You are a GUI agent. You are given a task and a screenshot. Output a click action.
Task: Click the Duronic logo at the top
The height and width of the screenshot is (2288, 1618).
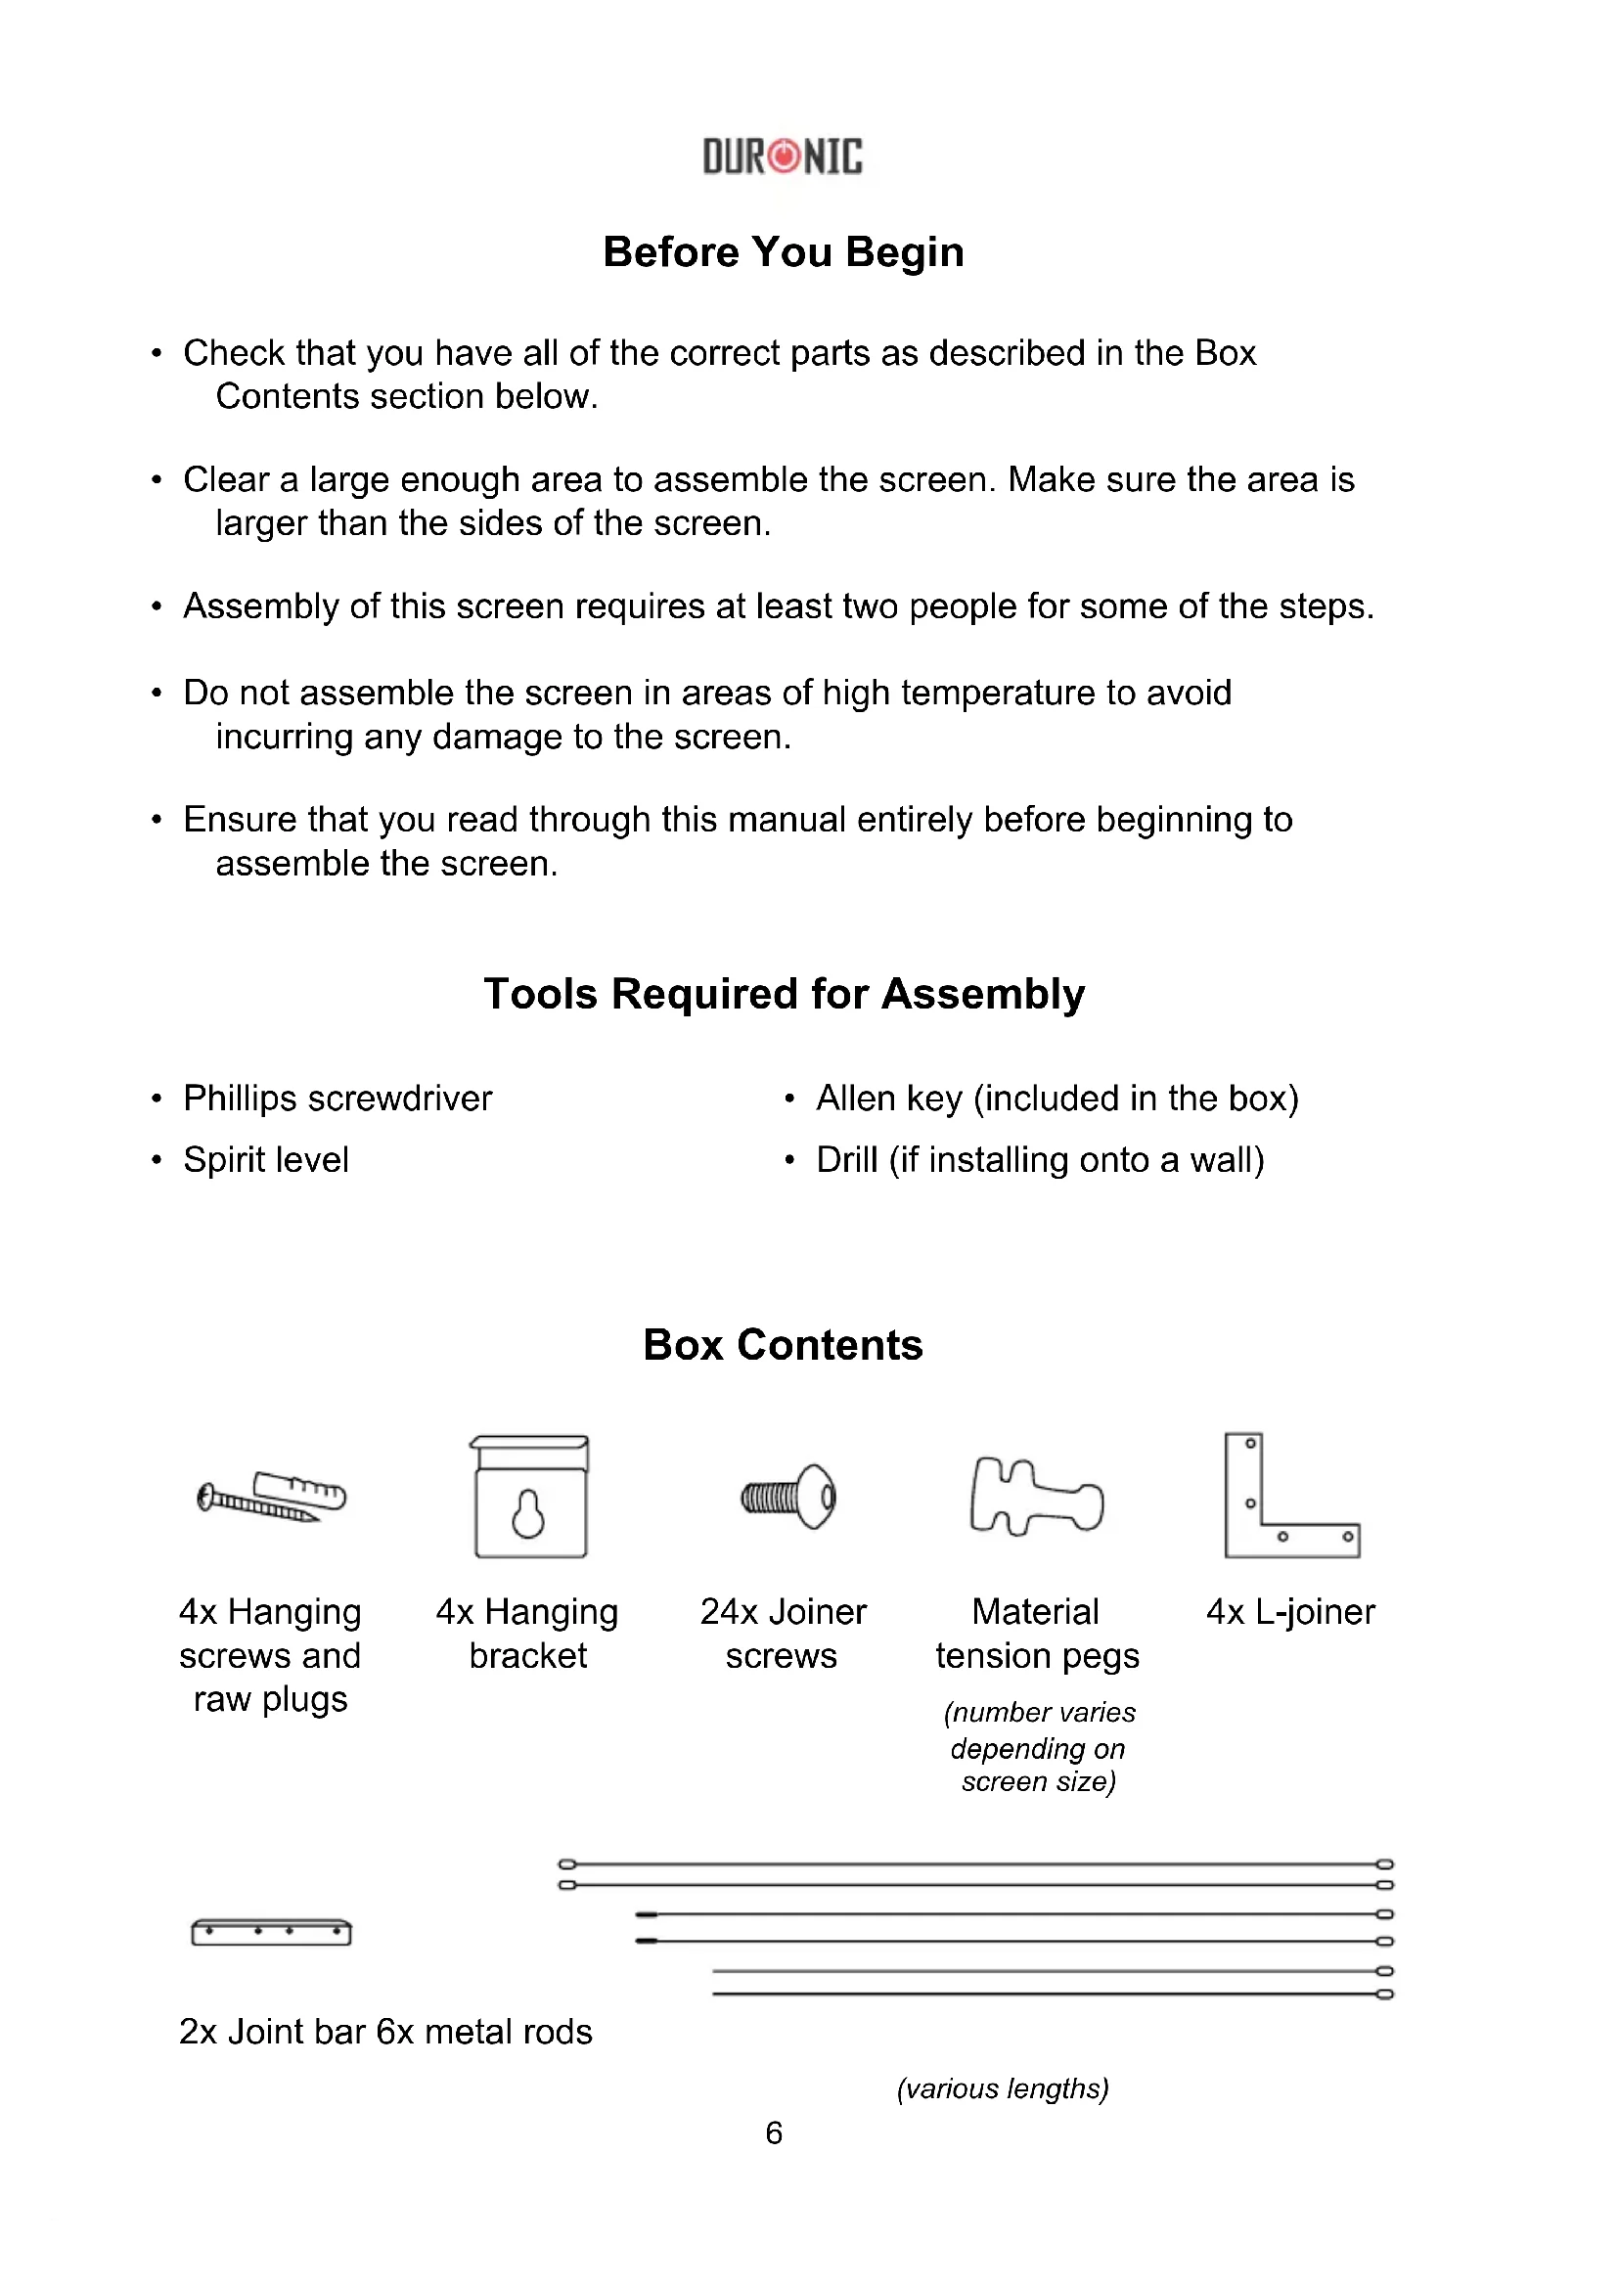pos(784,157)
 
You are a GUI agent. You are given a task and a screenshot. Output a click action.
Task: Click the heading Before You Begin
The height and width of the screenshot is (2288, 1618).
pos(784,252)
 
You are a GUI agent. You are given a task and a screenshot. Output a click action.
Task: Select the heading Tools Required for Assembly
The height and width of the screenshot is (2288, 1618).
pos(784,994)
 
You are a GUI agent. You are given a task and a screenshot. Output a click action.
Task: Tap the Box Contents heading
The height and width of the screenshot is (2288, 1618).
pos(784,1344)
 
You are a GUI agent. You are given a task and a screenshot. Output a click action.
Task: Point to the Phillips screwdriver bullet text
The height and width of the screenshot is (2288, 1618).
pos(337,1099)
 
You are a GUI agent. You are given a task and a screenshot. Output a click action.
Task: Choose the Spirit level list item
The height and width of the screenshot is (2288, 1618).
pos(266,1160)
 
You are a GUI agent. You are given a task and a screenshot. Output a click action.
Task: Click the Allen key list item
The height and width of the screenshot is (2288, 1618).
pos(1057,1099)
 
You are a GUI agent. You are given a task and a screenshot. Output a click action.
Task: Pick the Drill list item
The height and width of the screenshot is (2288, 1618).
pos(1040,1160)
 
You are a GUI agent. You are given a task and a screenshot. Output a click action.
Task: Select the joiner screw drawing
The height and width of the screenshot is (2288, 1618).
pos(788,1497)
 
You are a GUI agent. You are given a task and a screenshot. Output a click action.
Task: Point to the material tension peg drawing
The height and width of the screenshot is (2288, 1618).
pos(1036,1497)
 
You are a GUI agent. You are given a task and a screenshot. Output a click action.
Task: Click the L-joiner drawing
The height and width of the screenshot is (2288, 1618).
pos(1290,1497)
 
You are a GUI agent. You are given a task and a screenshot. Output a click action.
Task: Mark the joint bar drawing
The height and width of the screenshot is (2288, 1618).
pos(271,1931)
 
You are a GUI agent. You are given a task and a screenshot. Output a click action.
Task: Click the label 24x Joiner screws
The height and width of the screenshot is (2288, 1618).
pos(784,1634)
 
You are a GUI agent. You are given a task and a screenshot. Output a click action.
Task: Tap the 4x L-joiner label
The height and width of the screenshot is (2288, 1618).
pos(1290,1611)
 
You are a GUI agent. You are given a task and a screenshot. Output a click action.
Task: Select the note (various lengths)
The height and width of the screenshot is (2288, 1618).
pos(1003,2087)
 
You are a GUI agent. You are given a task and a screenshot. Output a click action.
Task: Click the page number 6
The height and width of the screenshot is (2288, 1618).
pos(774,2131)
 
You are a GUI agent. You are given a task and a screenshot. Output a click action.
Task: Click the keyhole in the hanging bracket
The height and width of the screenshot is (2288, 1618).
pos(529,1514)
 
